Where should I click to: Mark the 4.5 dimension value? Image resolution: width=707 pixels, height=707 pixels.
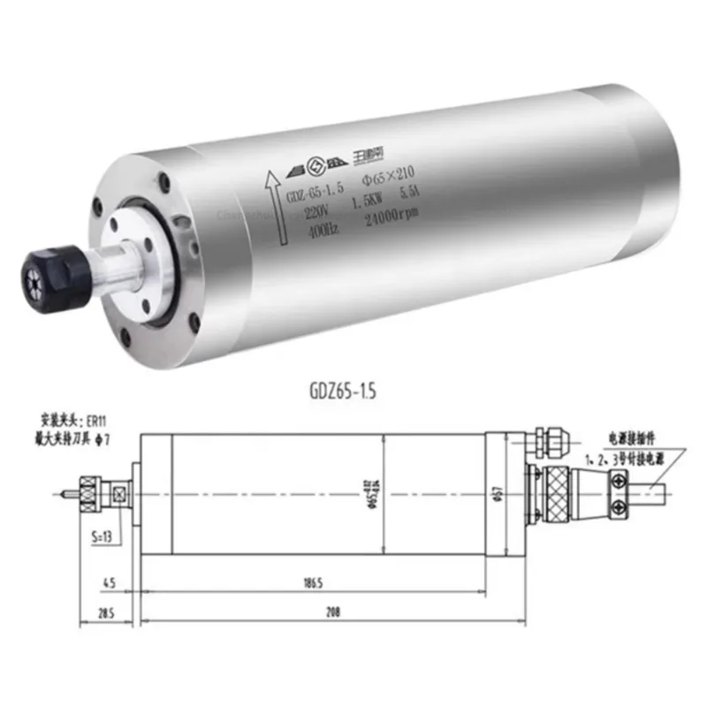coord(108,584)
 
